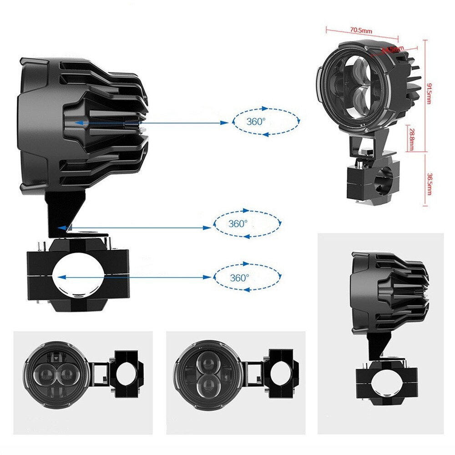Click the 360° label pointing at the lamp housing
pos(256,122)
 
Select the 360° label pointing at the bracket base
pos(238,223)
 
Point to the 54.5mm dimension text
pos(392,48)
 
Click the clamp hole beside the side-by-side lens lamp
pos(126,374)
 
